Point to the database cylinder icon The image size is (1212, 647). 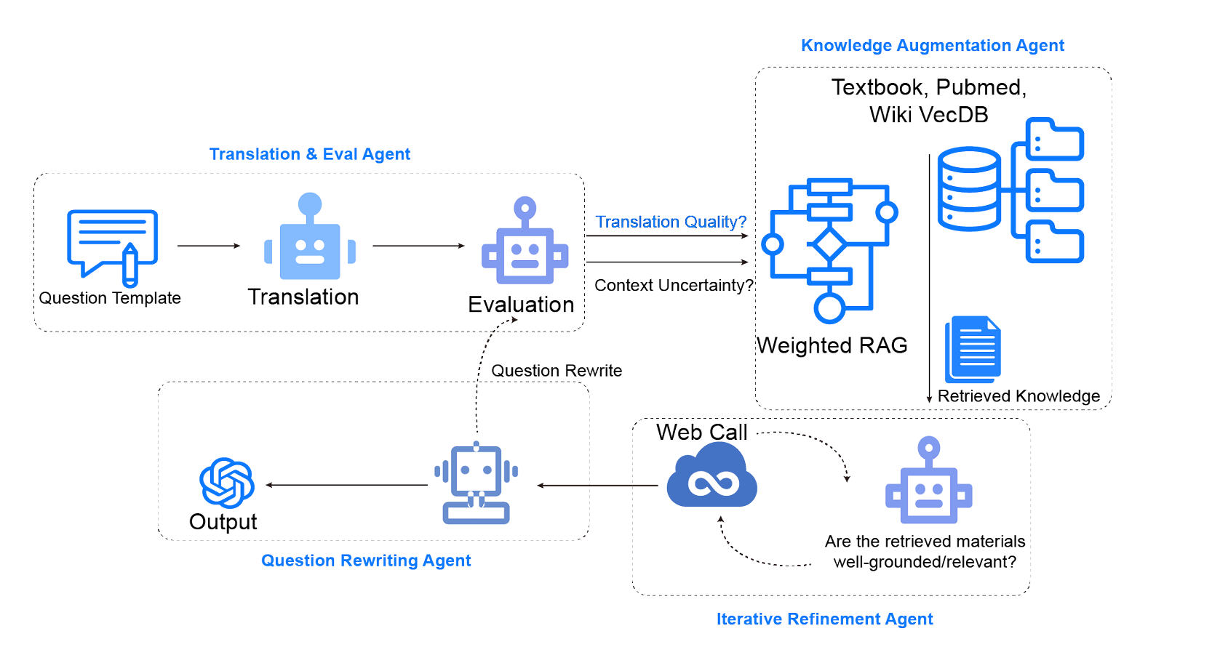(x=969, y=188)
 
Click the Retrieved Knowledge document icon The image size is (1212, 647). (x=973, y=349)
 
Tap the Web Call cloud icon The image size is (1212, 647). (x=711, y=475)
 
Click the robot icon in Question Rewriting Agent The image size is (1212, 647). (x=476, y=483)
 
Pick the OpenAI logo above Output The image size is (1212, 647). (x=227, y=483)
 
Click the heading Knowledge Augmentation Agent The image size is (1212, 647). (x=932, y=45)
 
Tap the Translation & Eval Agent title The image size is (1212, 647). (x=309, y=154)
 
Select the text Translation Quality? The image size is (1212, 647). (x=671, y=222)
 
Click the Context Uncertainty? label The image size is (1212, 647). (x=674, y=285)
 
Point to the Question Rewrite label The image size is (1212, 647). (x=557, y=370)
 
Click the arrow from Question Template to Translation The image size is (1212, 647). (x=209, y=246)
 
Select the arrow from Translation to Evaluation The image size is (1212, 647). (x=419, y=246)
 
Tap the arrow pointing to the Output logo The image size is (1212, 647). (x=346, y=485)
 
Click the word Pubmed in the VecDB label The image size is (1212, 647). (x=981, y=87)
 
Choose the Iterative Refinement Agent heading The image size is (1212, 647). (x=824, y=619)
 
